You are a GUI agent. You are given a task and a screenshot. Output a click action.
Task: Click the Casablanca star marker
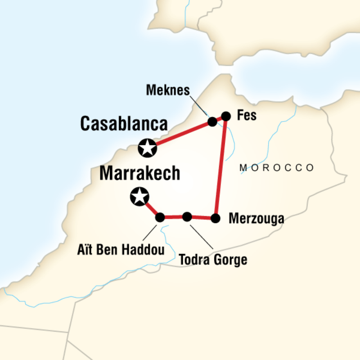click(x=148, y=148)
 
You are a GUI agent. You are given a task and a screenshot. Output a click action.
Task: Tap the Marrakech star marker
click(x=139, y=196)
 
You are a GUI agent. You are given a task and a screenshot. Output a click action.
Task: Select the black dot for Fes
click(x=226, y=116)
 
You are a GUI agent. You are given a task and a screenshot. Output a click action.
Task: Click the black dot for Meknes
click(x=212, y=121)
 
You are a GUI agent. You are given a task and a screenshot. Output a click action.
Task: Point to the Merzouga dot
click(x=216, y=219)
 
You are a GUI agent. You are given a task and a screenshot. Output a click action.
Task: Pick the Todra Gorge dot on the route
click(x=187, y=217)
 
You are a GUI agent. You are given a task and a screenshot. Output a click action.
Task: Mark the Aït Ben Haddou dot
click(x=160, y=218)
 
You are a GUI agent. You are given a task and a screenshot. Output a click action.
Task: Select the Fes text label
click(x=247, y=115)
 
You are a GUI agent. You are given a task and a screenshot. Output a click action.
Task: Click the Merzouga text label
click(x=256, y=219)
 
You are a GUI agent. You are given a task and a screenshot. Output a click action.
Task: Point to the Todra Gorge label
click(x=213, y=260)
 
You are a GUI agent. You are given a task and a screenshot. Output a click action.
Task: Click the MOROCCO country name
click(x=277, y=168)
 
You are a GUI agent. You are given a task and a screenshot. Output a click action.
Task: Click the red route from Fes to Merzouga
click(x=221, y=166)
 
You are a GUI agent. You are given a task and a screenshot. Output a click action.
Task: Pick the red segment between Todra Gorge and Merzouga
click(x=202, y=218)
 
